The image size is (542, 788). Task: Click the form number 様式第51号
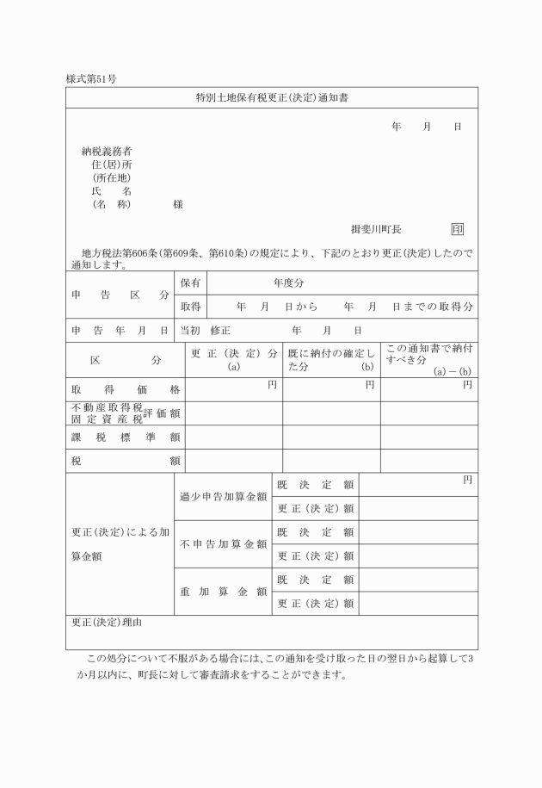click(91, 78)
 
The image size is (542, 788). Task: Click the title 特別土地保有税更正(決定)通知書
click(272, 98)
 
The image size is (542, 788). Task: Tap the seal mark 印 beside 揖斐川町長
click(458, 229)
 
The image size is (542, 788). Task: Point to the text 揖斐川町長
click(376, 229)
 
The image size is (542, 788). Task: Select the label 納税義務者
click(107, 151)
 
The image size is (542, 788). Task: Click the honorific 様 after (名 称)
click(177, 205)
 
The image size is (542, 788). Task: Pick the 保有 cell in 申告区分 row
click(190, 282)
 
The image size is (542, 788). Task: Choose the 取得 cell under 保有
click(190, 307)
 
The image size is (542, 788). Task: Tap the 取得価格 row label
click(125, 390)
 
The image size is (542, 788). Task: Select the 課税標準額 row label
click(125, 437)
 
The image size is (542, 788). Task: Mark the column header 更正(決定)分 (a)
click(234, 359)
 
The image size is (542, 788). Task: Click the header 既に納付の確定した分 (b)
click(331, 359)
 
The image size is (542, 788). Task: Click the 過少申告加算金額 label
click(223, 497)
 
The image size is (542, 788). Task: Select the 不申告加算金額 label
click(223, 544)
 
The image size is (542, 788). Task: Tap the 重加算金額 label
click(223, 592)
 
